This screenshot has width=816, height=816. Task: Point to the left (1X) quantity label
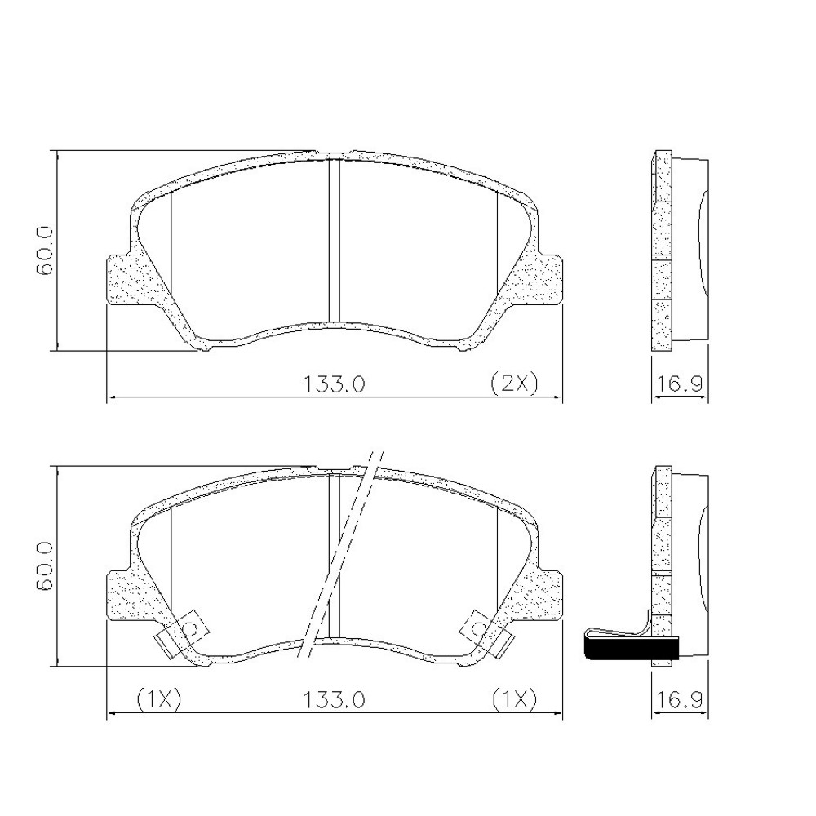157,699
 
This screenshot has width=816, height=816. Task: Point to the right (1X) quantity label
514,699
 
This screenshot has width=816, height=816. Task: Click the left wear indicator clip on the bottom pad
181,635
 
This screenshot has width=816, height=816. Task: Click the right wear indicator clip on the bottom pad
487,634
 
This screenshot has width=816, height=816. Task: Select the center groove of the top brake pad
333,241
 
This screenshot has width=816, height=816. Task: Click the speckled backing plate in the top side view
661,253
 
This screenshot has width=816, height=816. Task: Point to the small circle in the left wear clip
190,628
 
